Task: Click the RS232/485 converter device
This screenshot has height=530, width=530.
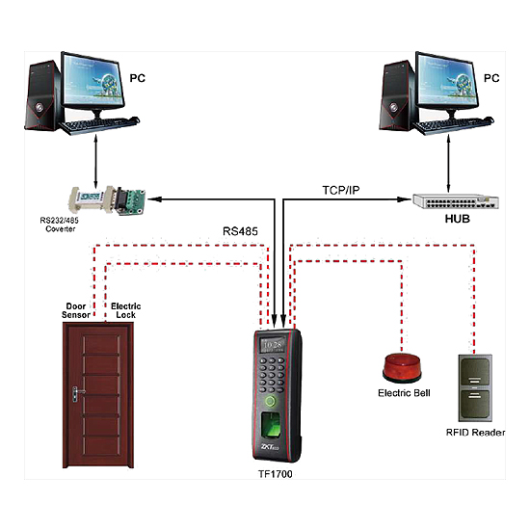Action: click(107, 200)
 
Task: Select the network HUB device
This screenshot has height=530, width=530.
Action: click(456, 201)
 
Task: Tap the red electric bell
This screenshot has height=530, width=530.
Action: click(402, 368)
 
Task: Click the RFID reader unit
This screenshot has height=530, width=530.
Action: click(475, 388)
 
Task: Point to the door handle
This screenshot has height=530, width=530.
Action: click(77, 394)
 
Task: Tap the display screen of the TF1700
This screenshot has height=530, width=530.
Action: click(273, 345)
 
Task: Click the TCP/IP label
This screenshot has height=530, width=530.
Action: click(341, 190)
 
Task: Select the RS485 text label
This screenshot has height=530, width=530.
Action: click(240, 231)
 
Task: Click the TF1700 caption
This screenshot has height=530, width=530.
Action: click(276, 474)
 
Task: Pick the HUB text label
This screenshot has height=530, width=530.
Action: click(458, 219)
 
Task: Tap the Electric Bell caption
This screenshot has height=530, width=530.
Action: click(404, 393)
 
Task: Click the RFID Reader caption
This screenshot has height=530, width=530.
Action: click(476, 433)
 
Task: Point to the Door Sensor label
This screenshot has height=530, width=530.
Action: click(76, 310)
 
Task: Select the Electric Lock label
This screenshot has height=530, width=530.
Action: click(125, 310)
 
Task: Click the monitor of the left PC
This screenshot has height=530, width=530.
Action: click(92, 81)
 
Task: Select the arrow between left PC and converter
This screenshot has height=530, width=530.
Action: click(95, 161)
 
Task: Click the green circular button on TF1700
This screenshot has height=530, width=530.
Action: click(270, 402)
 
